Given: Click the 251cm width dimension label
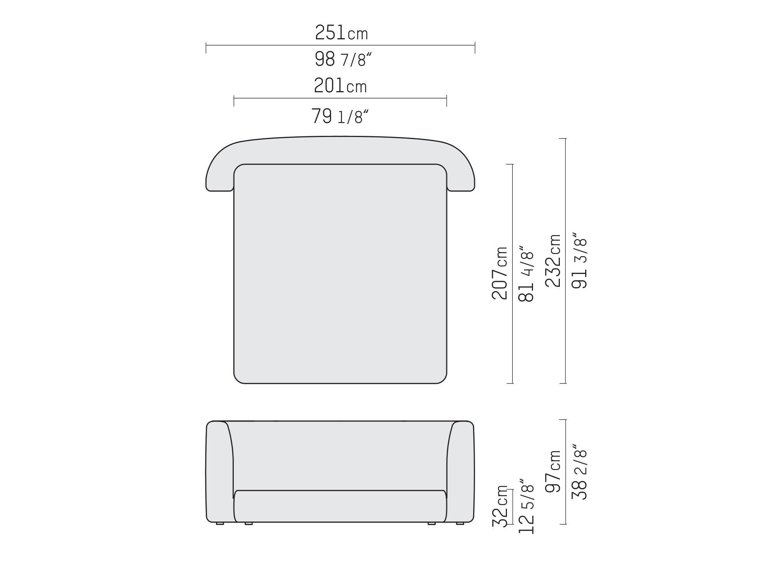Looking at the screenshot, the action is tap(341, 32).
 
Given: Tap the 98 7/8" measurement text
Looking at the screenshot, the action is tap(343, 59).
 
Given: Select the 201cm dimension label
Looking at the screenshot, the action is tap(340, 86).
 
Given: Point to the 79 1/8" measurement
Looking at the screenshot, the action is tap(340, 116).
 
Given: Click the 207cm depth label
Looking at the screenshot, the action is tap(500, 273).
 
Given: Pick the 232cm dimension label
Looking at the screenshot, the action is tap(553, 261).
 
